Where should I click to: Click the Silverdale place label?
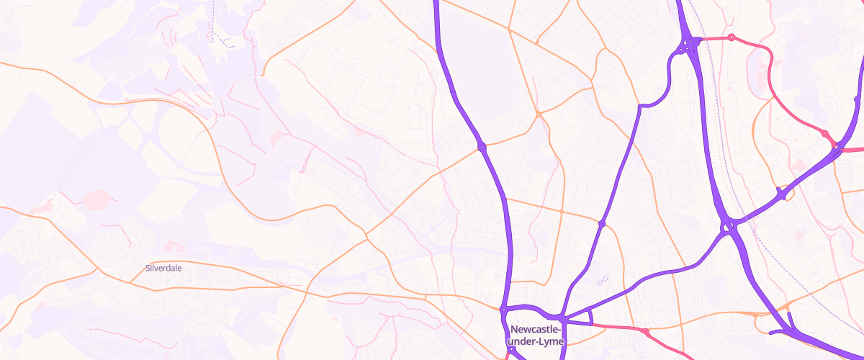pos(163,268)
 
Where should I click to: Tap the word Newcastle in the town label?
pos(535,330)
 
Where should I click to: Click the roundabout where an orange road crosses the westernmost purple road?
pos(482,148)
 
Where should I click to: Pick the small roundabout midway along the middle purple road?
pos(601,225)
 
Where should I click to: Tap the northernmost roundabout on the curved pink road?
pos(731,37)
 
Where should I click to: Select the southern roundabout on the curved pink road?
pos(824,133)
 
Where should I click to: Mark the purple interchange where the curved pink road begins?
pos(690,45)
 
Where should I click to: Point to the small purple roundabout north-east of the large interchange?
pos(782,194)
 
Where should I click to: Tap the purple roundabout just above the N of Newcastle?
pos(503,310)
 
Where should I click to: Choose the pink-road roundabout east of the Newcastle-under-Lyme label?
pos(645,331)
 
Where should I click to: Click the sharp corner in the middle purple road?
pos(642,107)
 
